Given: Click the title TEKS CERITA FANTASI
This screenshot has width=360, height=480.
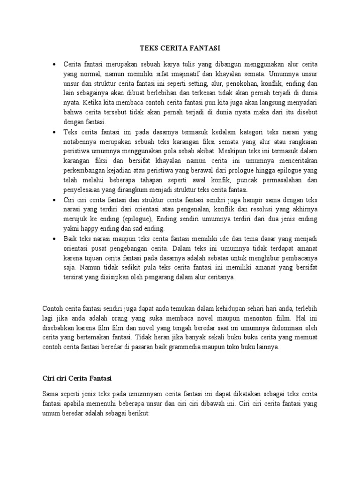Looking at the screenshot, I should point(180,48).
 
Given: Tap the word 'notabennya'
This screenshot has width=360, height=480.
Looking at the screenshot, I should point(80,142).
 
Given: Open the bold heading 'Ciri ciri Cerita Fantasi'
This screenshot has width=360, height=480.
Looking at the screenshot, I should point(78,377).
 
